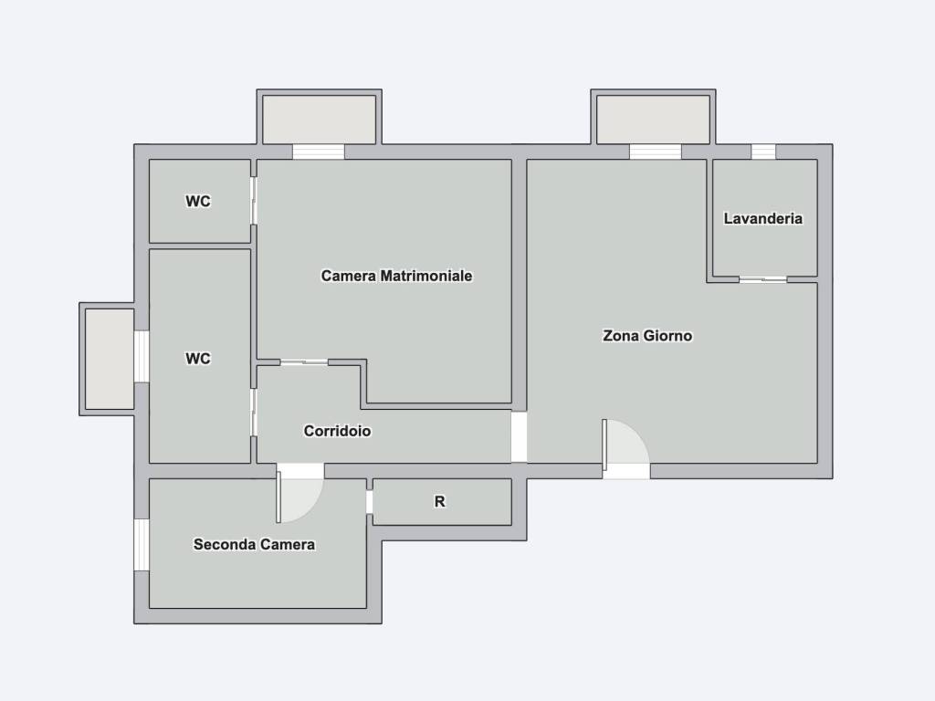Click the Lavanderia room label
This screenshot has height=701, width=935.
click(762, 219)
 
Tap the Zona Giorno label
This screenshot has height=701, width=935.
click(647, 336)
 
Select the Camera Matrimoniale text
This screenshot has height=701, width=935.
click(396, 276)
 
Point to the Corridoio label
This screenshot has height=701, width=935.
click(338, 431)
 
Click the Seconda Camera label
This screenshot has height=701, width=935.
click(254, 544)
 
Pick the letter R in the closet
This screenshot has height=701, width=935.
click(439, 502)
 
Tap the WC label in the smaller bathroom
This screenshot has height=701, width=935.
click(198, 202)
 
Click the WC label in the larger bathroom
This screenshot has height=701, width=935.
click(198, 359)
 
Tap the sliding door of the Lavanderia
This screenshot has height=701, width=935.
click(763, 279)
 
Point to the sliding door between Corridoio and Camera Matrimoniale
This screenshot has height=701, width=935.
click(304, 361)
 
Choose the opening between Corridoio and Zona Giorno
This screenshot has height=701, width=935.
click(519, 437)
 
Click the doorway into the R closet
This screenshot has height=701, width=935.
click(370, 502)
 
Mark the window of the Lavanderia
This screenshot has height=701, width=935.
click(763, 152)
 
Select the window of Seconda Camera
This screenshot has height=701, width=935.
click(142, 545)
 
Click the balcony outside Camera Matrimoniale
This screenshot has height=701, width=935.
click(319, 120)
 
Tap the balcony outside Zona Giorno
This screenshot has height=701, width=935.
click(654, 120)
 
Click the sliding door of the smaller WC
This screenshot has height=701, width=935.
click(254, 200)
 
